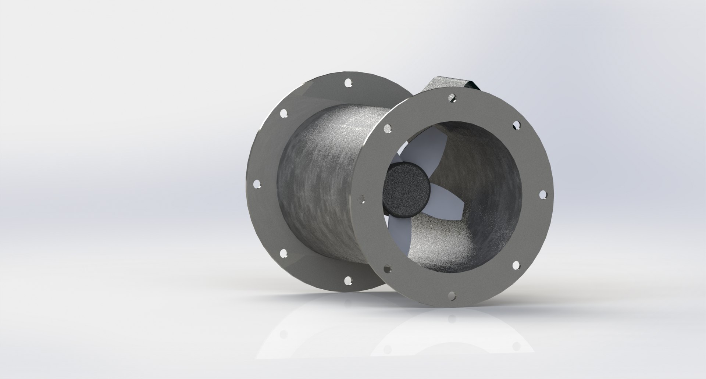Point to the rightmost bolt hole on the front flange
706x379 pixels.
(542, 194)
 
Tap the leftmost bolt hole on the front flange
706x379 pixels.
(363, 199)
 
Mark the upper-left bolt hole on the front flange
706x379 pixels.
(387, 128)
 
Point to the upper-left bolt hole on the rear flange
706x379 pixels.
(284, 114)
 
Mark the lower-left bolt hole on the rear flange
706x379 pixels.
(283, 253)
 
